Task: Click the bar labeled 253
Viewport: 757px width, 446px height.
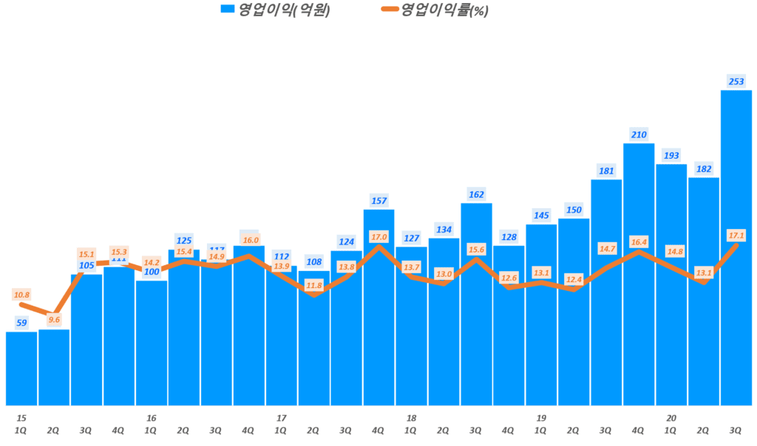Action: (x=736, y=247)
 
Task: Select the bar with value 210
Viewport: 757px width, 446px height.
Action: (x=639, y=273)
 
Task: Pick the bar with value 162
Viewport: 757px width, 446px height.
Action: (x=476, y=303)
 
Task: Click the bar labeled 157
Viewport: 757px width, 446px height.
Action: (x=378, y=306)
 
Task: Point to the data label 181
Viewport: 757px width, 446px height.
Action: (x=606, y=171)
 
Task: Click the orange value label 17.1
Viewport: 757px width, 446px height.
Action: (x=736, y=235)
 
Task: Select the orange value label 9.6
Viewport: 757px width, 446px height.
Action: (x=54, y=320)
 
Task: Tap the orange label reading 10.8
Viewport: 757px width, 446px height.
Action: (x=21, y=295)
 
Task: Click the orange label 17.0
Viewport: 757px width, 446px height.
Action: (x=378, y=236)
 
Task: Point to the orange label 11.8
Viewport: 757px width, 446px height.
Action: (x=313, y=285)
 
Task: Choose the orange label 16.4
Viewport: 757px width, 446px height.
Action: (x=639, y=241)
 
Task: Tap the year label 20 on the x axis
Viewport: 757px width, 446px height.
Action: (x=671, y=418)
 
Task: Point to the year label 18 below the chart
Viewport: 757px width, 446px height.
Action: (x=411, y=418)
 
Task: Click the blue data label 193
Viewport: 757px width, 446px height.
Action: (x=671, y=155)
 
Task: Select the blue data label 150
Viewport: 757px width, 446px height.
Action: (x=574, y=209)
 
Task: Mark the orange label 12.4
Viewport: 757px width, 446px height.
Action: (x=574, y=279)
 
